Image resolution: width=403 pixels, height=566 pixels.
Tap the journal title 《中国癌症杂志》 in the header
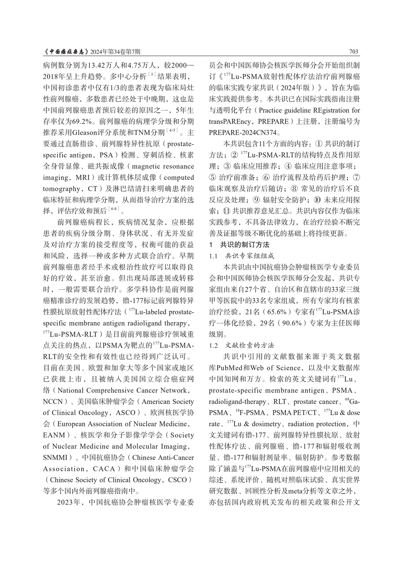pos(66,52)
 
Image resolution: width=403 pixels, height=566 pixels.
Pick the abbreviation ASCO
pos(123,413)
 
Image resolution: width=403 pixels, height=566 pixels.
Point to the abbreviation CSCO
pos(177,480)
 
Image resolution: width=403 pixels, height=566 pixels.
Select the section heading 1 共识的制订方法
pos(239,245)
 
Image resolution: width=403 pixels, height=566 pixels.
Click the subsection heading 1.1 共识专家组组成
pos(241,256)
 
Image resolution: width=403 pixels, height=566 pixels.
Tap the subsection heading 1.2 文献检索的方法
pos(241,345)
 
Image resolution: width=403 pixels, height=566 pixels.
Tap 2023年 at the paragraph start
pos(68,502)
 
